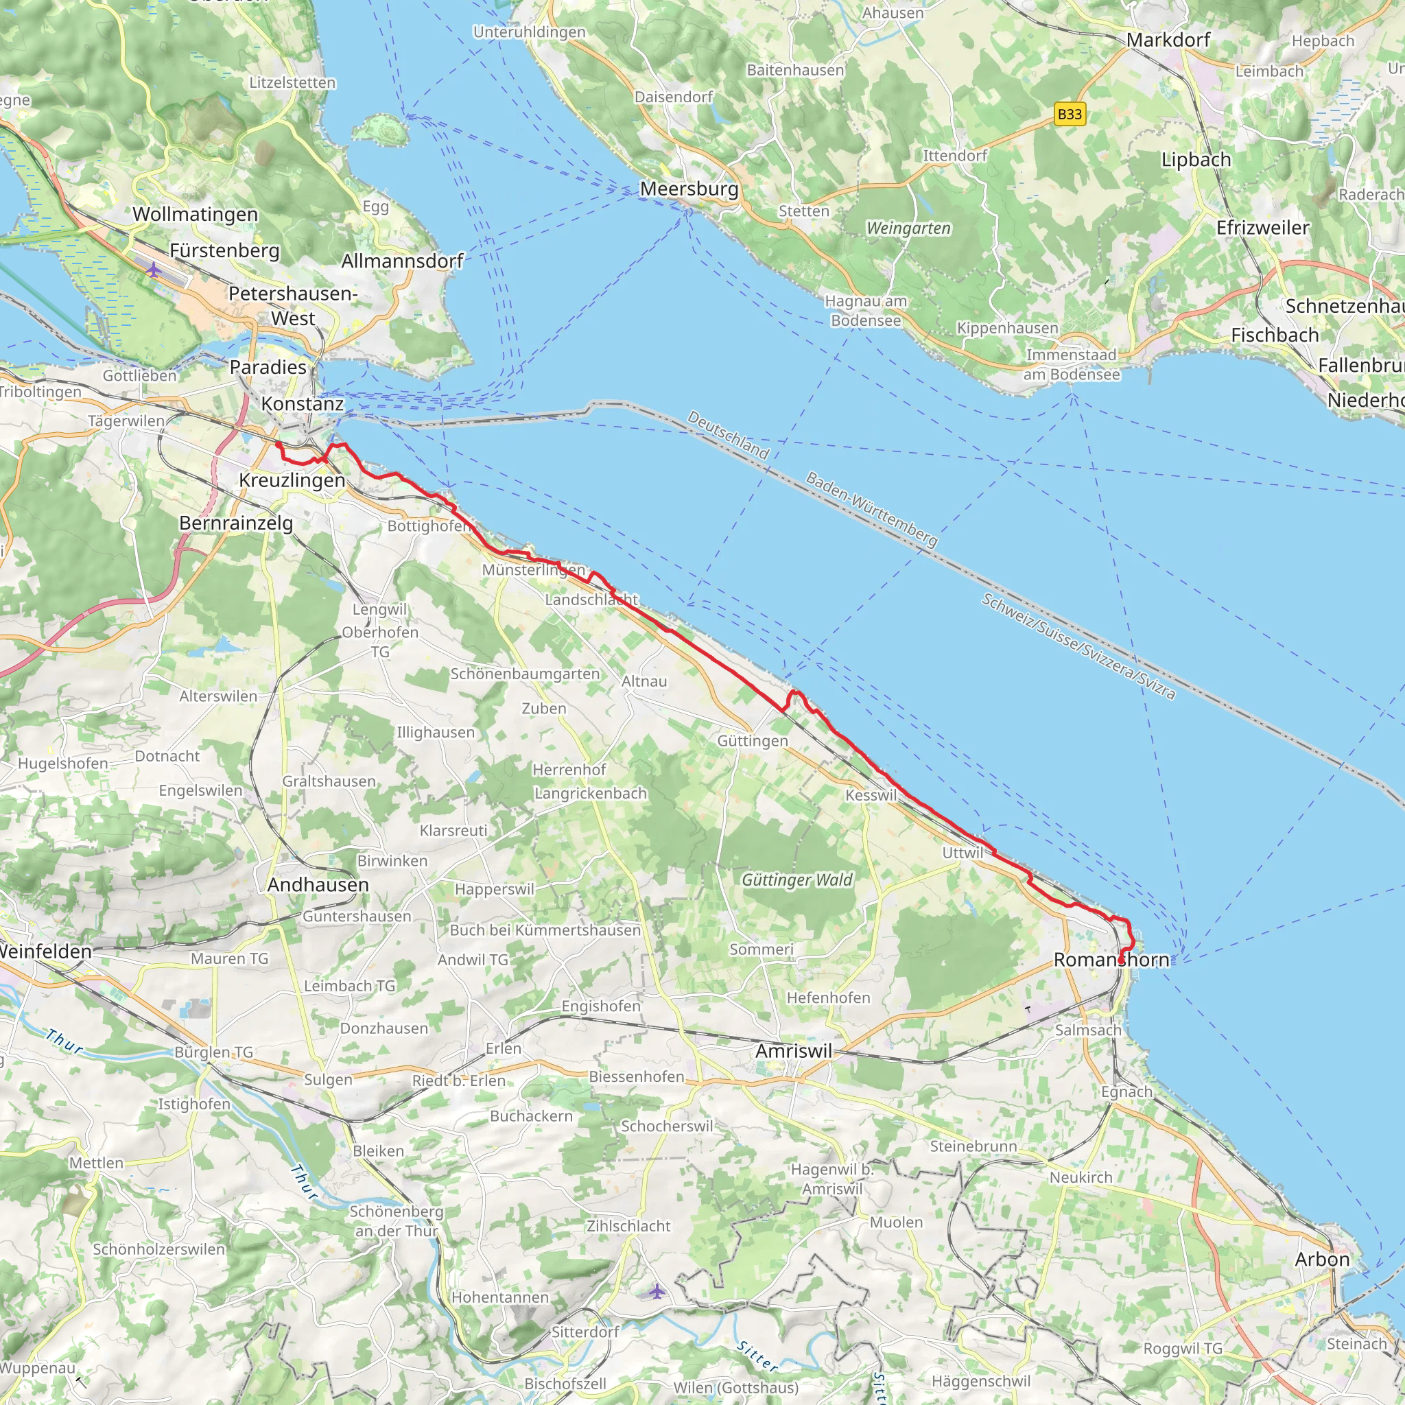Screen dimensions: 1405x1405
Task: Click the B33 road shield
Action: [1070, 114]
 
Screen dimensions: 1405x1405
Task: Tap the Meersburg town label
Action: [689, 189]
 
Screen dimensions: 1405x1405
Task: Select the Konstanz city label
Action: [302, 403]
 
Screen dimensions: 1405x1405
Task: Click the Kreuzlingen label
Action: [292, 481]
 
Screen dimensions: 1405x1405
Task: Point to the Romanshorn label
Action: [1111, 960]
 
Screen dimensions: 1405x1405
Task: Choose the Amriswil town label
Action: [794, 1051]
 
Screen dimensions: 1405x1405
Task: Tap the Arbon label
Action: [1322, 1259]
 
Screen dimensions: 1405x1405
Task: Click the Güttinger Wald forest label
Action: [797, 880]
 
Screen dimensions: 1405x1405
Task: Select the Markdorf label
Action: [1168, 40]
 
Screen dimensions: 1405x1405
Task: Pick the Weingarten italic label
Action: [908, 228]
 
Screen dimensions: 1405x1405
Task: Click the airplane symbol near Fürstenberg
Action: [154, 270]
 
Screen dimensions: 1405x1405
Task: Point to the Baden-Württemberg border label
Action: [871, 509]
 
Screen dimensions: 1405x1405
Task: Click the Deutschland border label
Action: [728, 435]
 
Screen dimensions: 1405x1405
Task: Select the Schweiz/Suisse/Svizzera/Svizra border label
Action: [1078, 646]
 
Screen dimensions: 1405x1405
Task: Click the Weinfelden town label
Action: [45, 952]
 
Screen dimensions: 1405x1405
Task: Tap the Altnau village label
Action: [644, 681]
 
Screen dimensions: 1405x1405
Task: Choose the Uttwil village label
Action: [962, 852]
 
